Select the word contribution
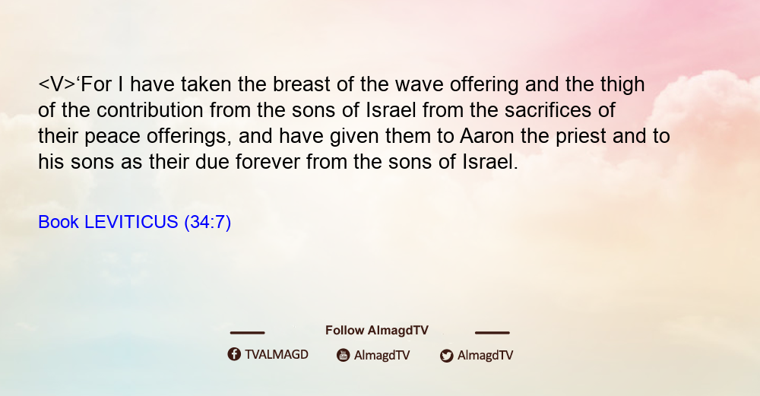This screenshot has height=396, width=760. coord(150,110)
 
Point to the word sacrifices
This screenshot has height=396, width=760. coord(547,110)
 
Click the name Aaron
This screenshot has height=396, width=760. coord(486,136)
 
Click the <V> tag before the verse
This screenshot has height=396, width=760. coord(57,84)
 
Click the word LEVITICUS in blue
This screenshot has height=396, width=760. coord(131,222)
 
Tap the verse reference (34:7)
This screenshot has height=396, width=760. coord(207,223)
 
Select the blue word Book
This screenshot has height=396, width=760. coord(59,222)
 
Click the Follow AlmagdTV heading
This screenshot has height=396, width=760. coord(377,330)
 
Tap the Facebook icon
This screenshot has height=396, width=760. coord(234,354)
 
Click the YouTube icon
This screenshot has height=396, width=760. coord(344,355)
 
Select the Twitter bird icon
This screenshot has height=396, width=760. coord(447,356)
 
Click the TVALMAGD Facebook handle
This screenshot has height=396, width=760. coord(277,355)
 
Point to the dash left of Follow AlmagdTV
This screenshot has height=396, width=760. coord(247,333)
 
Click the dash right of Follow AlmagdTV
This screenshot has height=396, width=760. coord(492,333)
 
